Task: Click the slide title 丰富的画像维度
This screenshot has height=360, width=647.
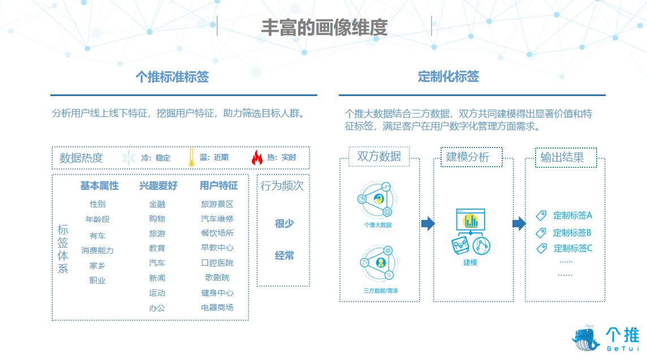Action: point(324,27)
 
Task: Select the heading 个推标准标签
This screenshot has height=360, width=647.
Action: point(172,77)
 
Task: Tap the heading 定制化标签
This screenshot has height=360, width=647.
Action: point(448,76)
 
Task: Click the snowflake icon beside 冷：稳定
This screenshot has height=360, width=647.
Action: point(129,158)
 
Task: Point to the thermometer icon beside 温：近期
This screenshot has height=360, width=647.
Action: point(192,158)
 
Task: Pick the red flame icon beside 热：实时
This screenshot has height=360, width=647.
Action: point(257,158)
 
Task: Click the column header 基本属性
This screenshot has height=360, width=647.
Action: point(99,186)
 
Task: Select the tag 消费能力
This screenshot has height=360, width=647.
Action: point(97,250)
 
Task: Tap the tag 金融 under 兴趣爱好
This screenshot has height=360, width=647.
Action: point(157,204)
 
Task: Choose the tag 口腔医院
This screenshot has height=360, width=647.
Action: point(217,263)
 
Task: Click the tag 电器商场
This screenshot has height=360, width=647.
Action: point(217,307)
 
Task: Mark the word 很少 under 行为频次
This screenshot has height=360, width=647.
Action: point(284,224)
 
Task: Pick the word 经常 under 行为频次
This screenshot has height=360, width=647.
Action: point(284,255)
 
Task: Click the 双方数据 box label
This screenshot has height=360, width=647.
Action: point(379,157)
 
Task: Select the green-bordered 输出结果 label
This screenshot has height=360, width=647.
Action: point(562,157)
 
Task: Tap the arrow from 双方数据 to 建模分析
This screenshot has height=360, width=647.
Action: point(428,224)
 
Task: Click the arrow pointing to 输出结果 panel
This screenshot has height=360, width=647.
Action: point(519,224)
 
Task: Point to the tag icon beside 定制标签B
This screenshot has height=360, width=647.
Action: point(541,232)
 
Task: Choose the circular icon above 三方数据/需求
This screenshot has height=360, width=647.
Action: point(380,262)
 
